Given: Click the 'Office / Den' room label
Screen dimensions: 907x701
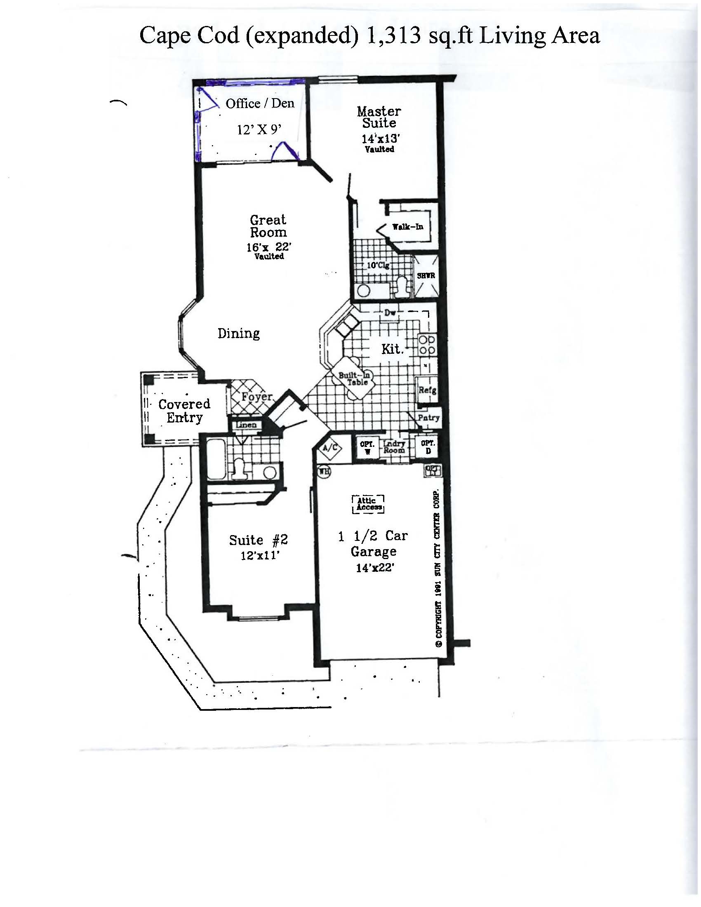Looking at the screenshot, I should (x=260, y=103).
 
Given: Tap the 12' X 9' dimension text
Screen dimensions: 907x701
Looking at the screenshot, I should (x=259, y=130).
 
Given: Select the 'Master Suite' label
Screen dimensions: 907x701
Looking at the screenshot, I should (x=379, y=117).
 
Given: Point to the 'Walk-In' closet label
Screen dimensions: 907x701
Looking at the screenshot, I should (x=408, y=227).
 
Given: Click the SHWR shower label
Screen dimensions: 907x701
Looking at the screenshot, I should (x=426, y=276).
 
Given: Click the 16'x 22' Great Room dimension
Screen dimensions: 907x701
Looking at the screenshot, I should (x=269, y=247).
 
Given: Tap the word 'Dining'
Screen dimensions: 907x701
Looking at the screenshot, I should (x=239, y=333).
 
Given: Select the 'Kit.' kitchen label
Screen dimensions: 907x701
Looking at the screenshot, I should (x=392, y=349).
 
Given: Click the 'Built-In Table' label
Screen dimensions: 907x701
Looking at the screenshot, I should (x=354, y=378).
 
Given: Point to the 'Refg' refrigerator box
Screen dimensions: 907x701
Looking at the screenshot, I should (x=427, y=390).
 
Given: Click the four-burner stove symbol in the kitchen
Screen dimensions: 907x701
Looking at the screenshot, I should (x=426, y=345).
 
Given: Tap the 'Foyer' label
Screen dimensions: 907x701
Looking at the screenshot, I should (x=256, y=397).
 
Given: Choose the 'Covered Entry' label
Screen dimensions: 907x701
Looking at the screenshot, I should (x=184, y=411).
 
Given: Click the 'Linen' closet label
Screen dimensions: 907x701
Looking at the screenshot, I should (x=246, y=425).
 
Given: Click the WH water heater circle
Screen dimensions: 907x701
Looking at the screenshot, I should (x=323, y=471).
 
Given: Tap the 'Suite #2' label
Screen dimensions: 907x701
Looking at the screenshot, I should (x=258, y=540).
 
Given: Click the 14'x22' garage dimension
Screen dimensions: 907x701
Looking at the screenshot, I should (x=374, y=568).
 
